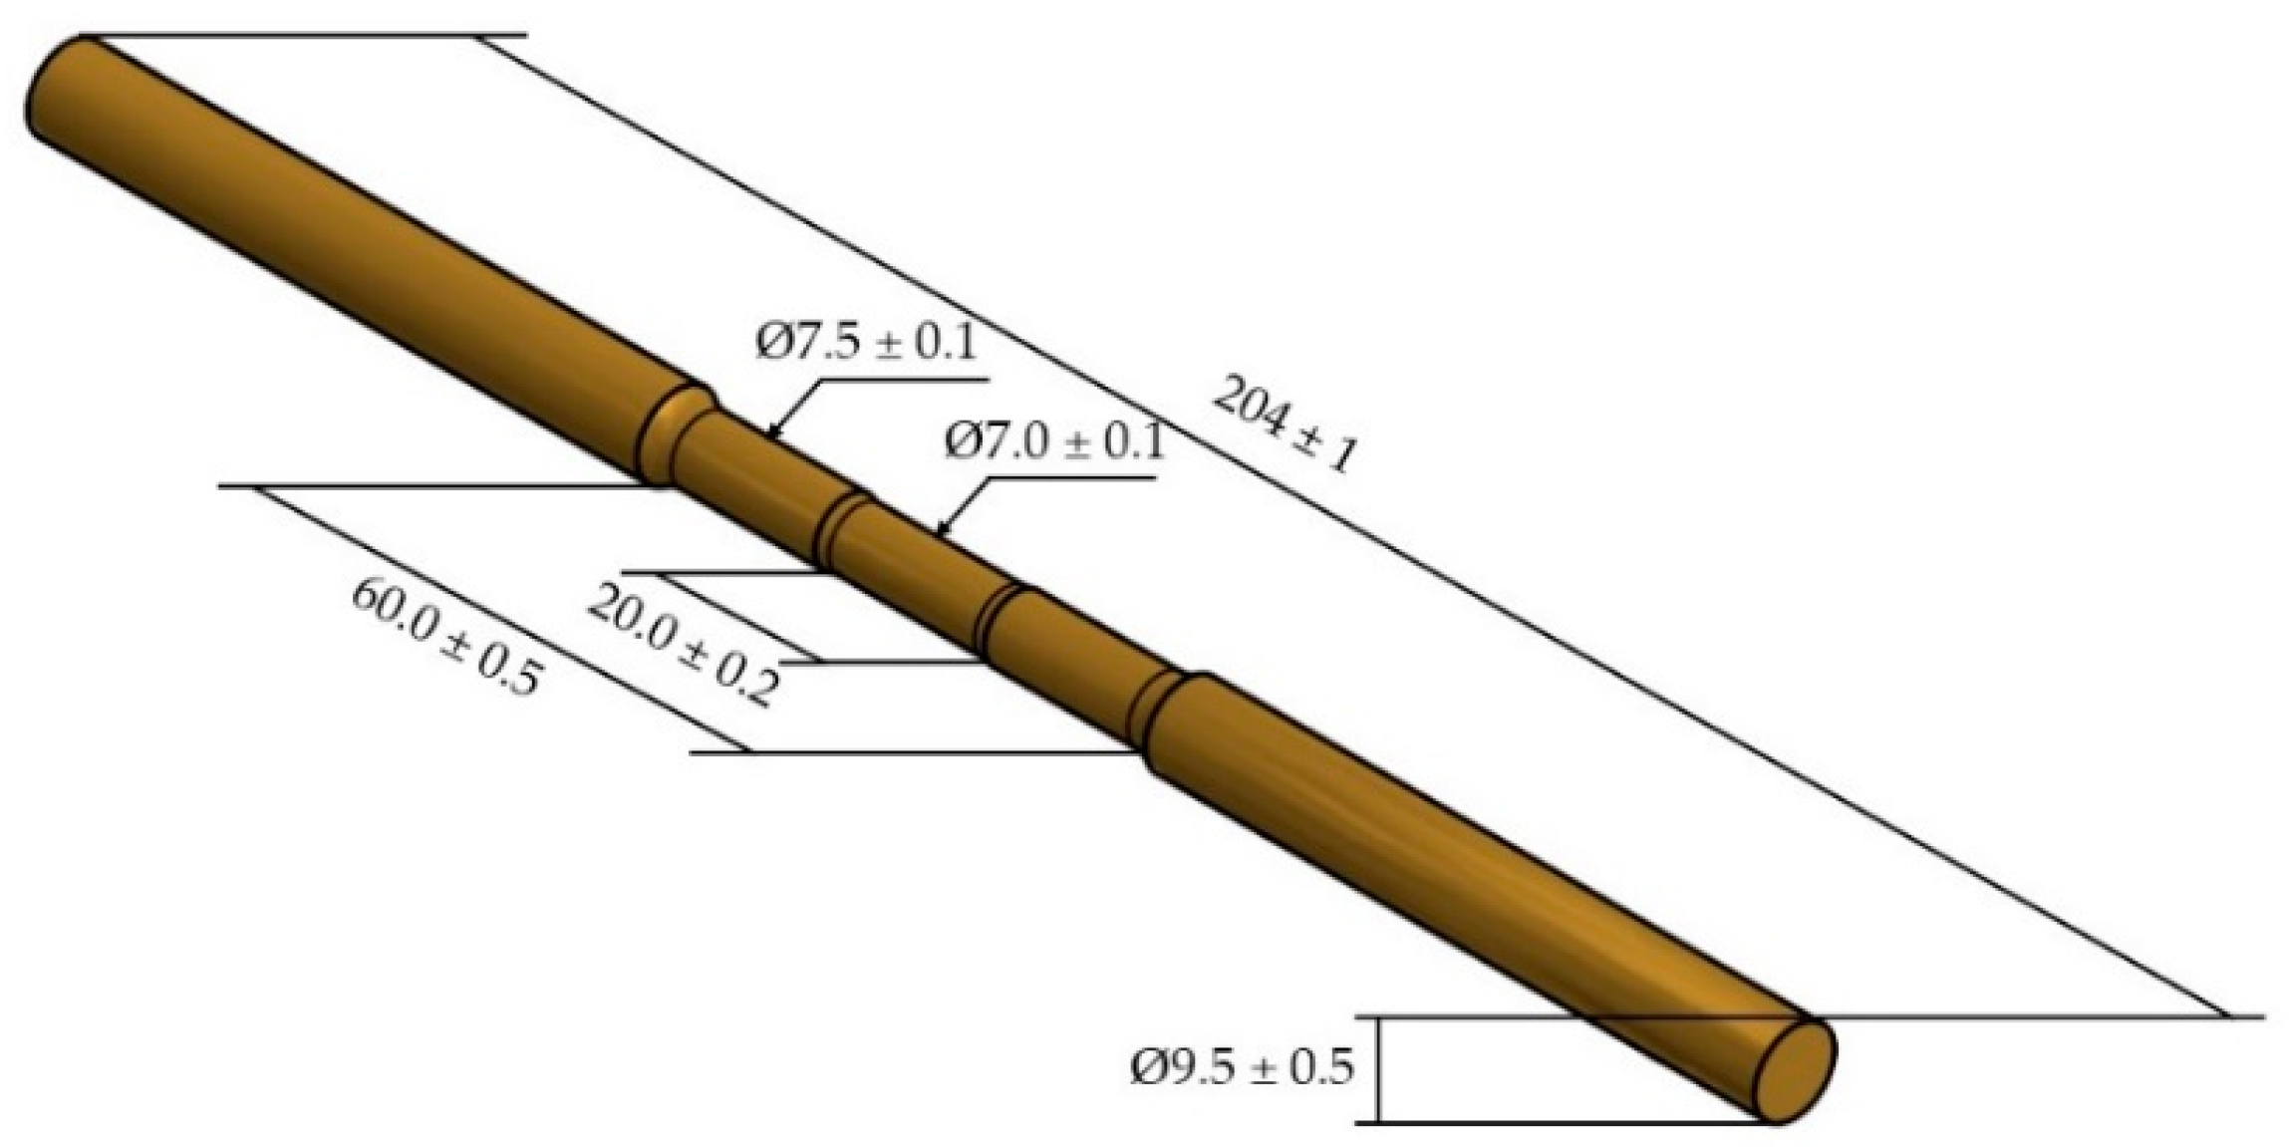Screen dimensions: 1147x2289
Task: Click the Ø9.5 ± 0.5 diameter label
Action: click(x=1242, y=1067)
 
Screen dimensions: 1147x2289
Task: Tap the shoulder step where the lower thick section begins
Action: click(x=1161, y=714)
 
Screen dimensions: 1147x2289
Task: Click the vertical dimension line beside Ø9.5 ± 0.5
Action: click(x=1379, y=1069)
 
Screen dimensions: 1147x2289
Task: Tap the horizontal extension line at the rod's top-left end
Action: click(x=299, y=37)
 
